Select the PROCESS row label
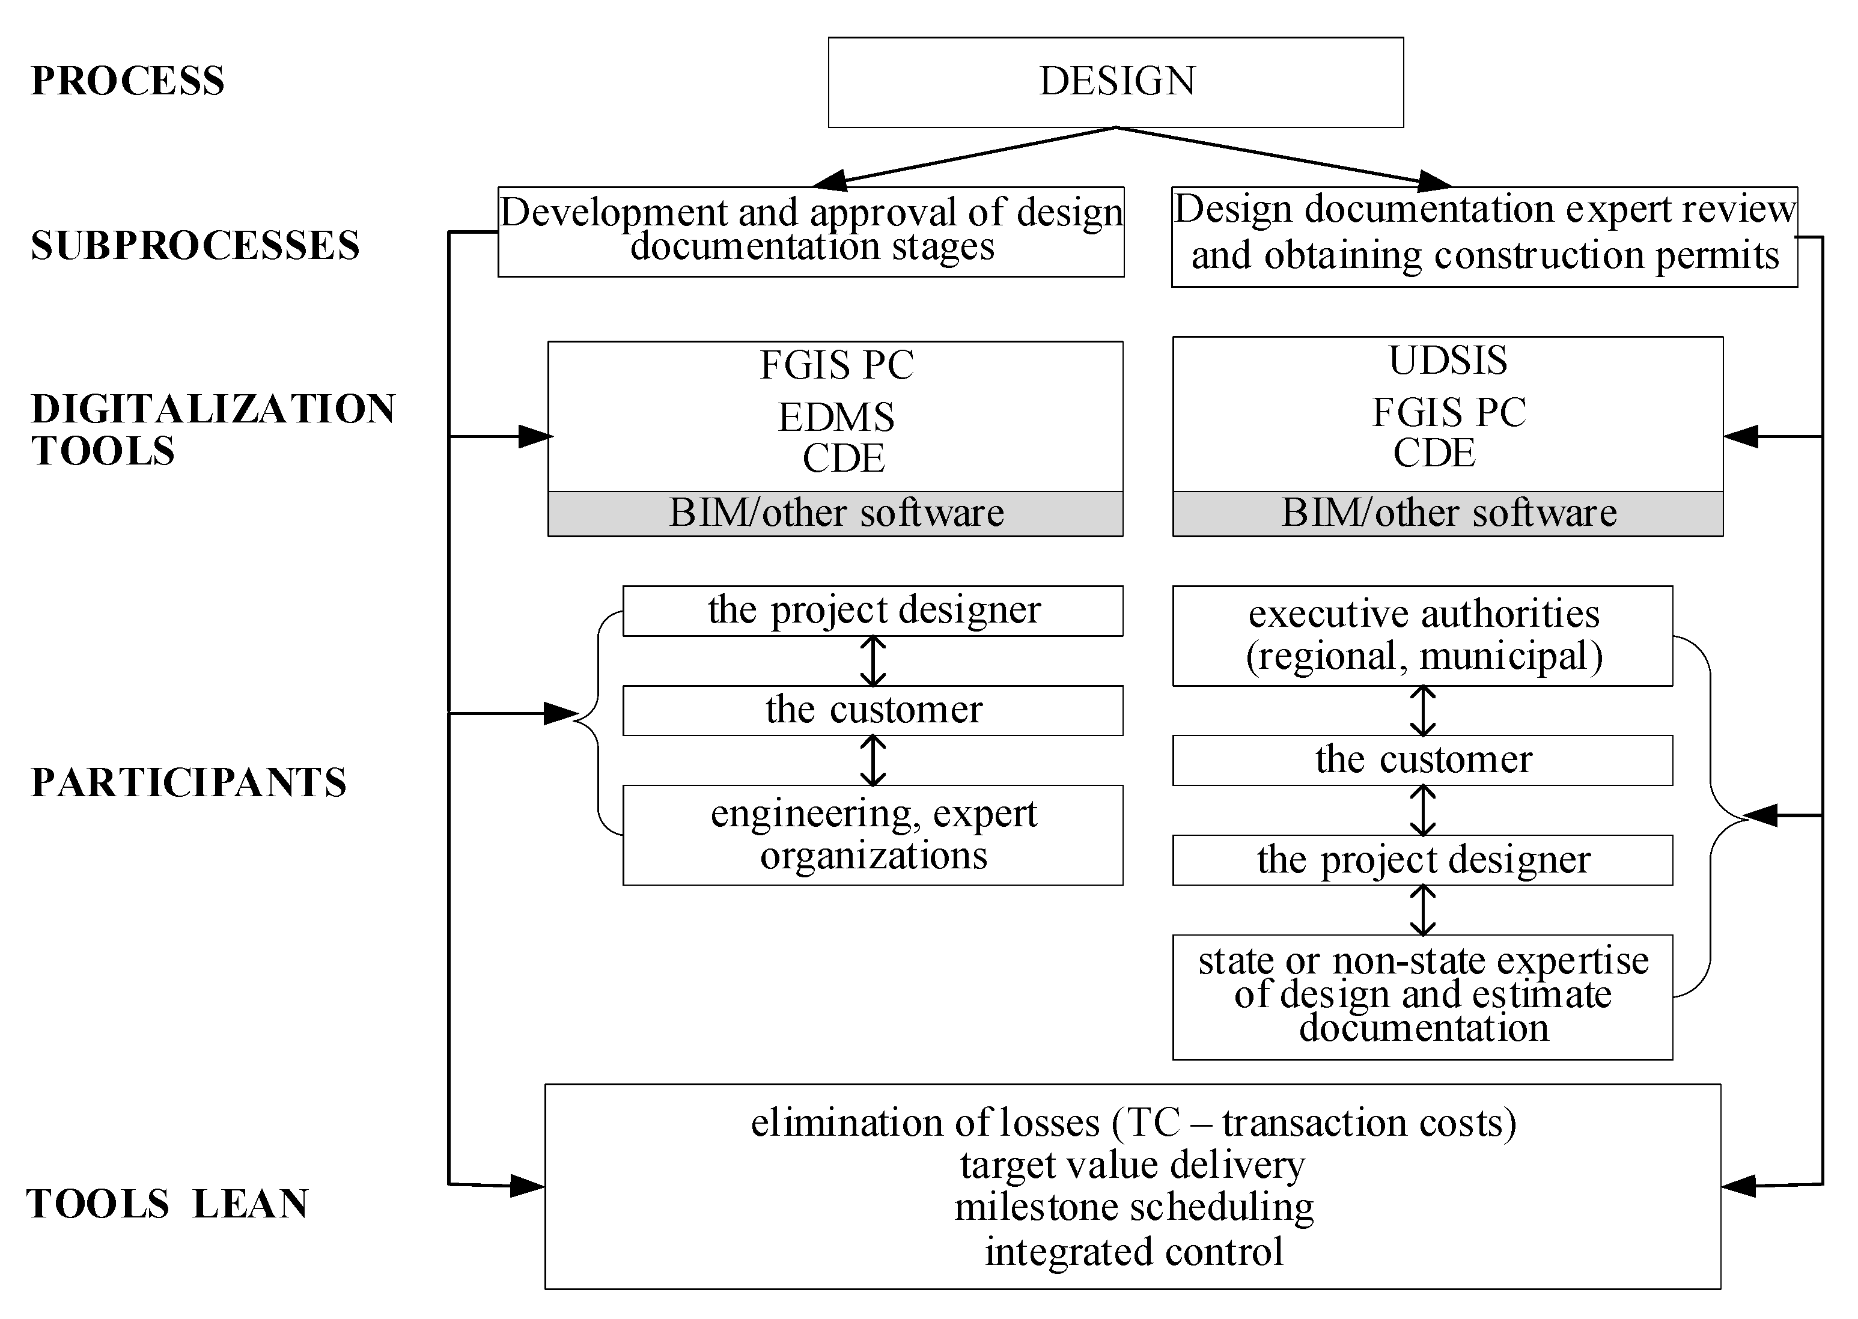(x=127, y=81)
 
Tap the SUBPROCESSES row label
(x=195, y=245)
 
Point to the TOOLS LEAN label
(x=167, y=1204)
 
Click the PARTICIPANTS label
(x=189, y=783)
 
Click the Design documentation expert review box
(x=1484, y=236)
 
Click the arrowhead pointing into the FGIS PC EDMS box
(x=536, y=436)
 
